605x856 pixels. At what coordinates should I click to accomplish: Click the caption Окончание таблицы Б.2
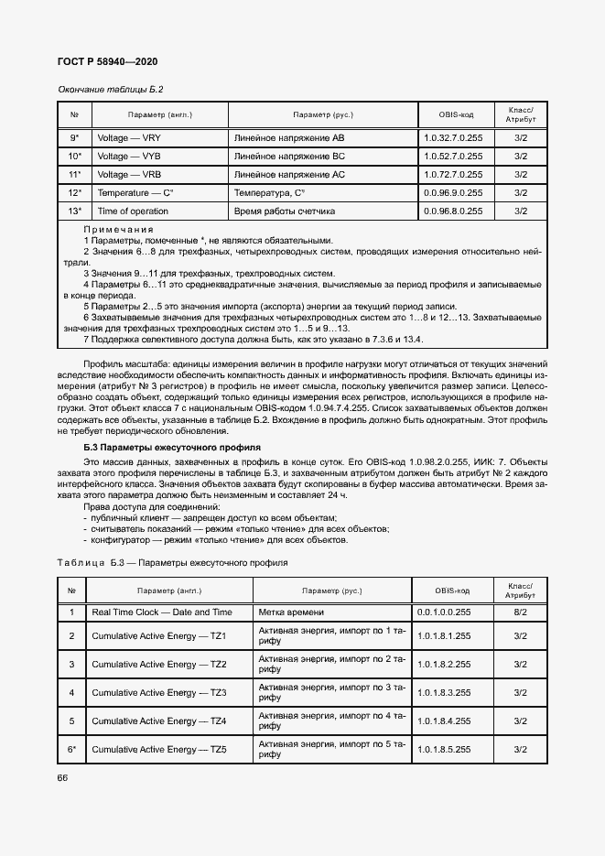(x=110, y=90)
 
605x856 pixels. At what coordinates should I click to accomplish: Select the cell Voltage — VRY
(x=129, y=137)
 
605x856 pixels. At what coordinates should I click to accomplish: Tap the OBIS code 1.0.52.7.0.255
(x=453, y=156)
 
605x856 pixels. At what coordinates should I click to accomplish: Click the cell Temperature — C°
(x=135, y=192)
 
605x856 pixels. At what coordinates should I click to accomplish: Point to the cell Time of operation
(x=133, y=211)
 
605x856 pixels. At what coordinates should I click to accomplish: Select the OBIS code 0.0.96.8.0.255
(x=453, y=211)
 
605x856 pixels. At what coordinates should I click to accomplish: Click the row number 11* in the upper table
(x=75, y=174)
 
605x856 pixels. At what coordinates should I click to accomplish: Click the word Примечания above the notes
(x=118, y=229)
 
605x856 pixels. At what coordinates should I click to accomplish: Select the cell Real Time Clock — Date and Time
(x=161, y=612)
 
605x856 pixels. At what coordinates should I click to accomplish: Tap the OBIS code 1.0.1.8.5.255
(x=444, y=749)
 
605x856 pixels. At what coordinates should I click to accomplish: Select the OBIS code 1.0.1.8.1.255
(x=444, y=635)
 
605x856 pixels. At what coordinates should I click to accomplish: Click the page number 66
(x=64, y=778)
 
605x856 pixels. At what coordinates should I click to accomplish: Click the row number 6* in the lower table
(x=71, y=749)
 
